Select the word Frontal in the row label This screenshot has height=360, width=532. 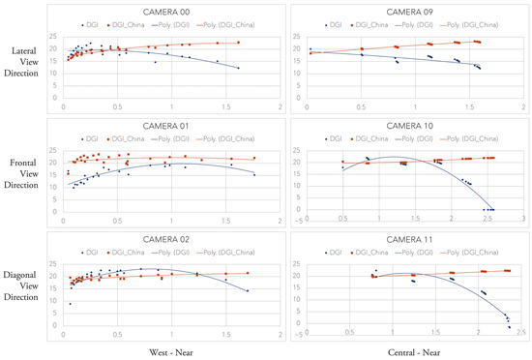click(x=30, y=161)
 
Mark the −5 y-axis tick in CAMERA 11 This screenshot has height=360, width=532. click(x=301, y=336)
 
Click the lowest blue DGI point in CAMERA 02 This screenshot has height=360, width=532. click(x=69, y=304)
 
